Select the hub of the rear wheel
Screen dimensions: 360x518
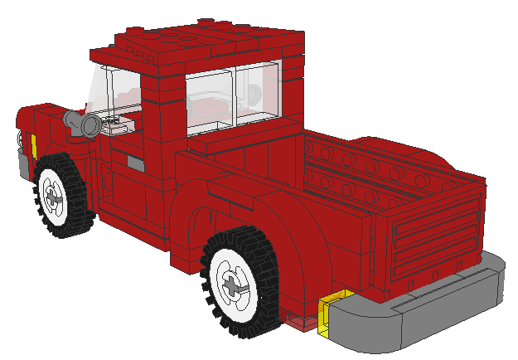[235, 285]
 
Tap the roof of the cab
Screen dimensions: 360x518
[199, 41]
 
